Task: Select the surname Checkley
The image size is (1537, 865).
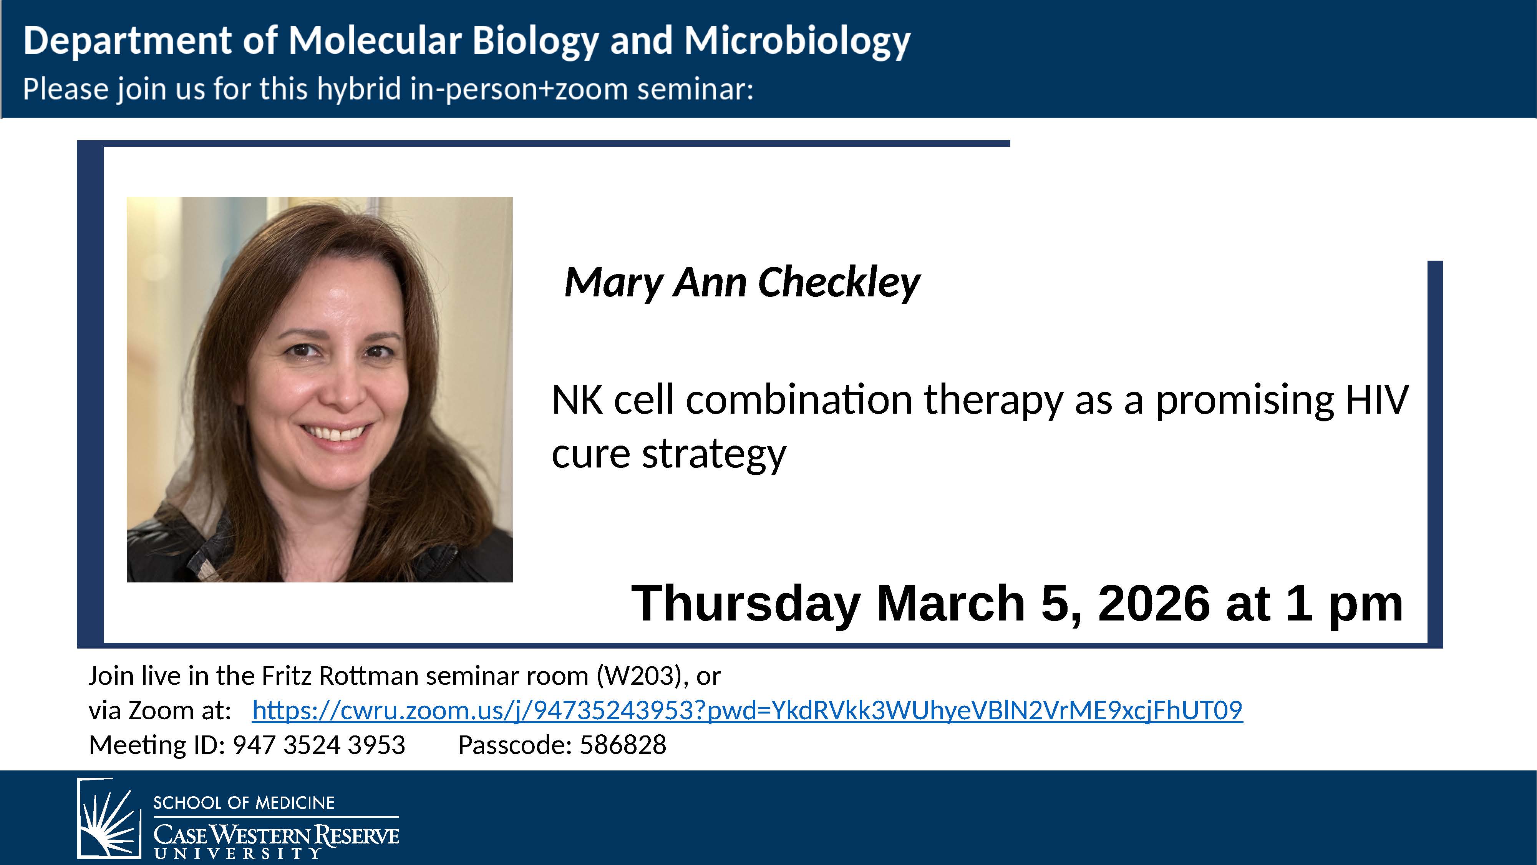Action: (839, 283)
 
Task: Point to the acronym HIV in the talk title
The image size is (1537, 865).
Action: (1377, 399)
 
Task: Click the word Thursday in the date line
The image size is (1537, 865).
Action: (746, 604)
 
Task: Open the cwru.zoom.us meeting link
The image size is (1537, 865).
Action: (747, 710)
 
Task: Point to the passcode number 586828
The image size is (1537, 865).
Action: (623, 745)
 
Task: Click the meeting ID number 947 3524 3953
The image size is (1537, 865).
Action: (319, 745)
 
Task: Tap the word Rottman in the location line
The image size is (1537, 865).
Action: (369, 676)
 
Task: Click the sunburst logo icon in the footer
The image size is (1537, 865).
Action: (109, 818)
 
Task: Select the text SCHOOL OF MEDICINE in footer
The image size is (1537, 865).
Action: (244, 803)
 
